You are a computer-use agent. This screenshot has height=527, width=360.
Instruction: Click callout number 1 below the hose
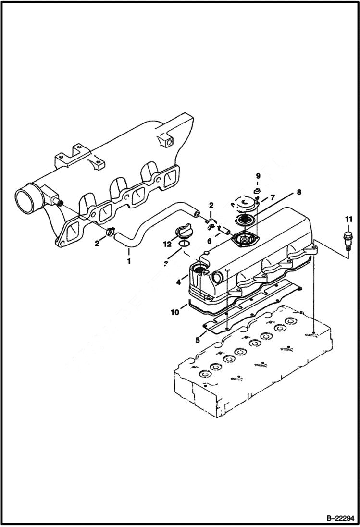[x=128, y=262]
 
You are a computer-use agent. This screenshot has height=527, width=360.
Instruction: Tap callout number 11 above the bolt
[x=348, y=220]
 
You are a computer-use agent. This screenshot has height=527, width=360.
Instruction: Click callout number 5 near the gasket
[x=198, y=341]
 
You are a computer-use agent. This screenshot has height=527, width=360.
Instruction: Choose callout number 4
[x=179, y=283]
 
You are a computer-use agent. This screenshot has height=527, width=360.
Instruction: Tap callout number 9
[x=258, y=176]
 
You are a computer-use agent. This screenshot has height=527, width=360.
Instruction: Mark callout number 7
[x=272, y=197]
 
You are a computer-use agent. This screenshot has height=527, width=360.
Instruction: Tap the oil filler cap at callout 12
[x=185, y=232]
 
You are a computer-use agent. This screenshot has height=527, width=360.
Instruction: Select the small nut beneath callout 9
[x=257, y=193]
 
